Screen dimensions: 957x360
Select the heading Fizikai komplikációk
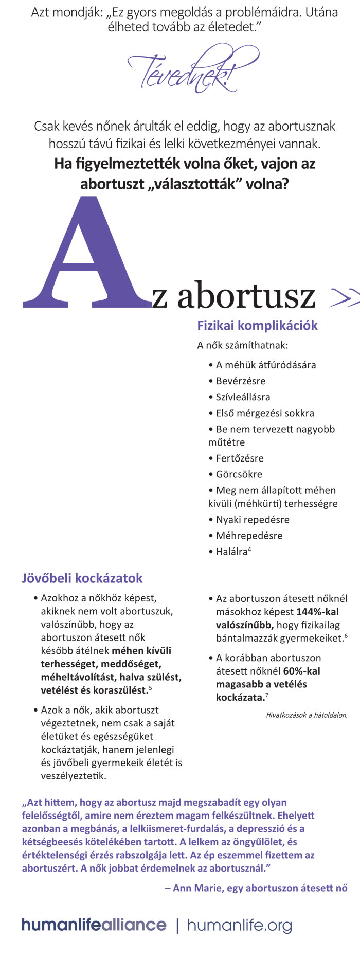tap(257, 326)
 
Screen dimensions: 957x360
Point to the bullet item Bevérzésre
tap(241, 381)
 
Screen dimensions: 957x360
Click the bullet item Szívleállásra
tap(243, 397)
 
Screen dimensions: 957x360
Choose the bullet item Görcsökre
tap(239, 474)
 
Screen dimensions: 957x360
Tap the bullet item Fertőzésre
tap(240, 458)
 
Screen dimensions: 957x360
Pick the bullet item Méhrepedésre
tap(249, 536)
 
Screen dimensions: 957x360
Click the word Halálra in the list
tap(231, 552)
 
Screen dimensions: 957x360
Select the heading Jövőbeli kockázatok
tap(82, 578)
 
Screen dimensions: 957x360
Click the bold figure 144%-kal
tap(317, 612)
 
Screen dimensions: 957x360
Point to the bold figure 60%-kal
tap(301, 671)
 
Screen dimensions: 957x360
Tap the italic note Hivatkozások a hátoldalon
tap(307, 715)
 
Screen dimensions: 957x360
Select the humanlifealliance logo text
tap(94, 925)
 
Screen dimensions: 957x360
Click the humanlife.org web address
tap(239, 925)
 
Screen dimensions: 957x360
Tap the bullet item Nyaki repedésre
tap(253, 520)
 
